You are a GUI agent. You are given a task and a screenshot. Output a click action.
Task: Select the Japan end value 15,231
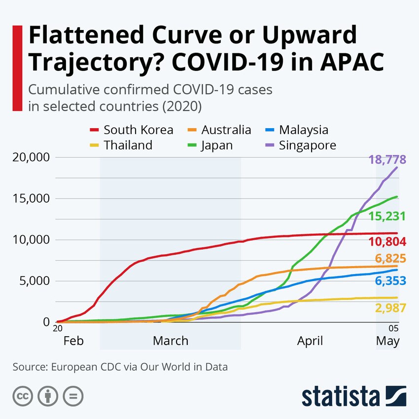point(387,216)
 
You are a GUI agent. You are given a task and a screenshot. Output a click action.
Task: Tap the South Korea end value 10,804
point(387,242)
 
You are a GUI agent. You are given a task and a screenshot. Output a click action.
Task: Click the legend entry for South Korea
point(131,130)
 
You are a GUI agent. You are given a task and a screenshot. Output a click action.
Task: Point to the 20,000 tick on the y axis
point(30,158)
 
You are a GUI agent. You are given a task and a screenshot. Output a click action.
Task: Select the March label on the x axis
point(170,341)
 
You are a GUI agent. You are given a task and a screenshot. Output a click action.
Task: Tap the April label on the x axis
point(310,341)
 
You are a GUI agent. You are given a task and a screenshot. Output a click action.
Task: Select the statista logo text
point(340,396)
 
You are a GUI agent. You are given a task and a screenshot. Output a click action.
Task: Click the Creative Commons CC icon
point(22,395)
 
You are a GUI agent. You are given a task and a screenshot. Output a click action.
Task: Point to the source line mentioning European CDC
point(120,367)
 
